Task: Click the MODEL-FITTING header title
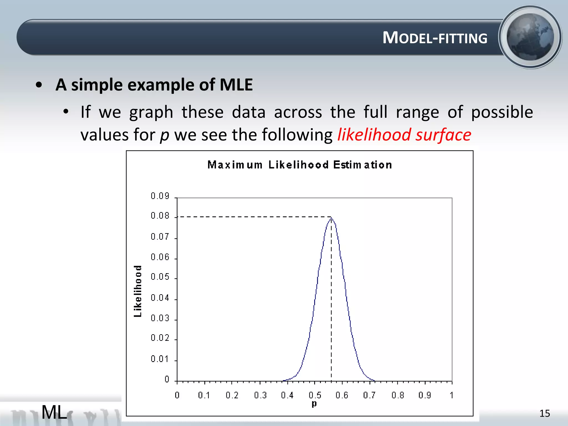435,38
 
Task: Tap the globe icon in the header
530,37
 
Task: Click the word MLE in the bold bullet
236,85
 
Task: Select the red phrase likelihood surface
404,135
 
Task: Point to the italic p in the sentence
164,136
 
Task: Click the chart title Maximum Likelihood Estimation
300,165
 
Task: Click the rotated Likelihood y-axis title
138,291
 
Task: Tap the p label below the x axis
314,404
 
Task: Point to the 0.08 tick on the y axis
160,215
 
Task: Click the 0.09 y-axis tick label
160,196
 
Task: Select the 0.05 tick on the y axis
160,277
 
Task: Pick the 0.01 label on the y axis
160,359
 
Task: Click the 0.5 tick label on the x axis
315,395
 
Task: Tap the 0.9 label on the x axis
425,395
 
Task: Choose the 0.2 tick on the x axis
232,395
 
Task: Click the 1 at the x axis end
452,395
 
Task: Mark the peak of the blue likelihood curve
331,218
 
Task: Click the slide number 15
544,414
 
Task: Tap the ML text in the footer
54,412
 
